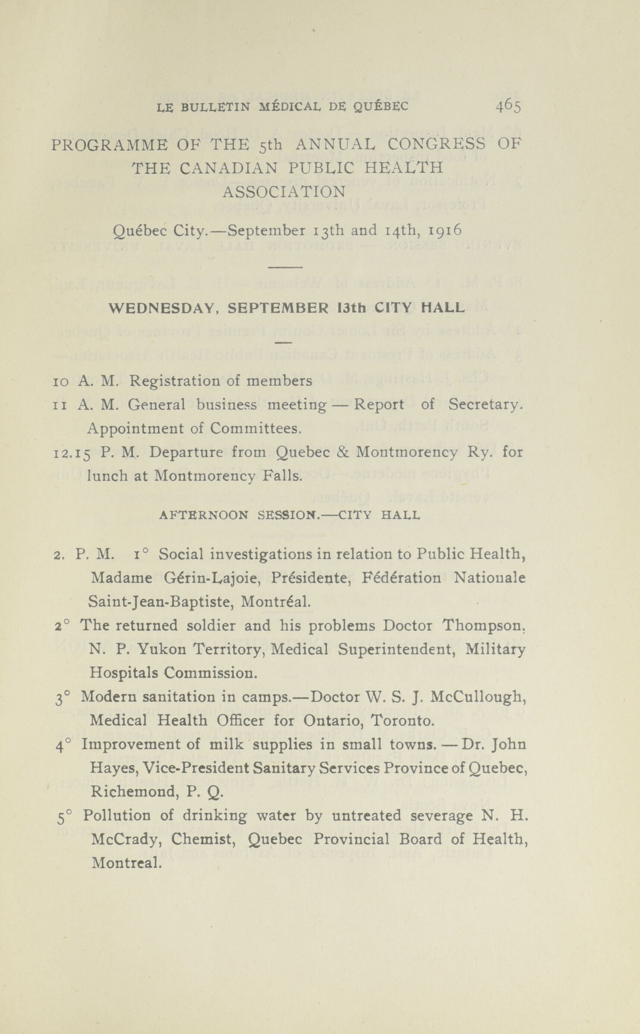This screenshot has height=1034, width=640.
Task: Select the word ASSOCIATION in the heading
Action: point(284,193)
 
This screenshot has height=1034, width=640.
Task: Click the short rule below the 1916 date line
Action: point(285,268)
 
